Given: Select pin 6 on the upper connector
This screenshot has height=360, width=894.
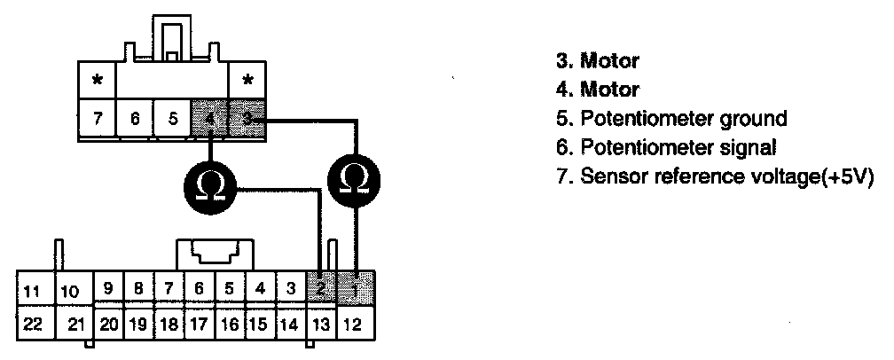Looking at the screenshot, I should (x=135, y=118).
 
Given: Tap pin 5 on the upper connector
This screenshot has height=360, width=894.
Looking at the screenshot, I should (x=172, y=118).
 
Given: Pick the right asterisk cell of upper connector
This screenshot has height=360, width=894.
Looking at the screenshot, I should (x=247, y=80).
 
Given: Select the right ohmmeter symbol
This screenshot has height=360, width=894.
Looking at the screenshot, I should (x=354, y=182).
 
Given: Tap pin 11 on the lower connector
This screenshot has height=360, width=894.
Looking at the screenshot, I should (x=33, y=290).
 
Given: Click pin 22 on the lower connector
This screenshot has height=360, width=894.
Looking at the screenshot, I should (x=33, y=324).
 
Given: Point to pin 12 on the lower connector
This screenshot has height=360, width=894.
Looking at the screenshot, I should (x=353, y=324).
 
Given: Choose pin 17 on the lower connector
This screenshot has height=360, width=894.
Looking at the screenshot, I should (x=200, y=324).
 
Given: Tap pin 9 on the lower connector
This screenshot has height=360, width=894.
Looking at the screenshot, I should (x=107, y=287).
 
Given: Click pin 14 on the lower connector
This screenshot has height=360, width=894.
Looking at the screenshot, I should (x=289, y=324).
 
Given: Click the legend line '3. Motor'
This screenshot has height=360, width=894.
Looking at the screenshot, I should (x=597, y=61).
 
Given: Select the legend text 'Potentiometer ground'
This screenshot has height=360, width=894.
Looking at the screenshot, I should (x=683, y=118).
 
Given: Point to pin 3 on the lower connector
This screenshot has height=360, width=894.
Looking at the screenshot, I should (x=289, y=287).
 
